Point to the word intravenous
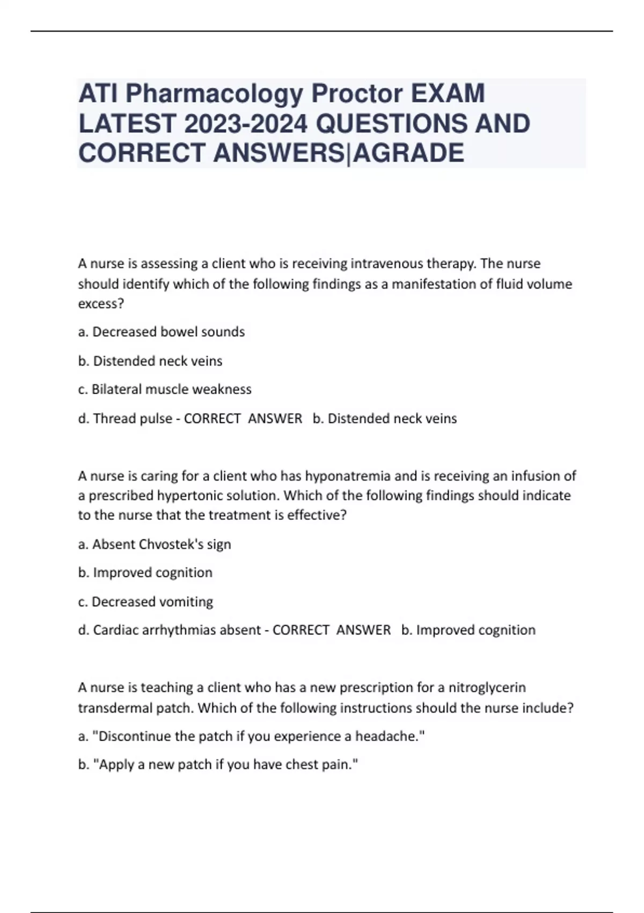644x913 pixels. click(x=386, y=264)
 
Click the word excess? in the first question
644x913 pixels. click(x=101, y=303)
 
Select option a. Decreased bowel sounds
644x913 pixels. click(x=162, y=332)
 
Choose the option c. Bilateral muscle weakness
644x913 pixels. click(x=165, y=389)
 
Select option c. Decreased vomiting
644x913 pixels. click(x=145, y=602)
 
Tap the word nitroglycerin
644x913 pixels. click(x=487, y=687)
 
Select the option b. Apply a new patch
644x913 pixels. click(x=218, y=765)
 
